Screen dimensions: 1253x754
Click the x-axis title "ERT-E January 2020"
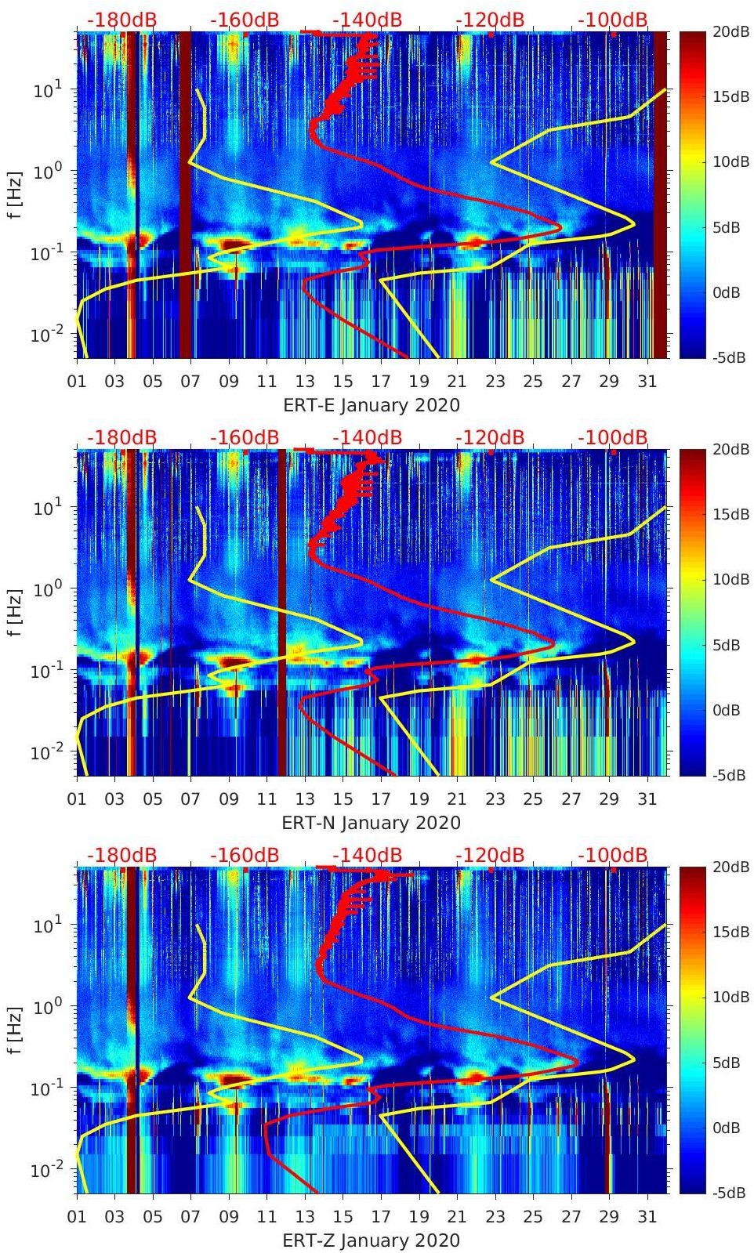coord(371,405)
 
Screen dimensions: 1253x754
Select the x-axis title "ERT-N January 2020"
coord(371,823)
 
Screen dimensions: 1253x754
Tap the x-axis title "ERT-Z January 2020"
coord(371,1240)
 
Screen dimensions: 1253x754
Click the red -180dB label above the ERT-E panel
coord(121,20)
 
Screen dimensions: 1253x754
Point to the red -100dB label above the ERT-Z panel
coord(613,855)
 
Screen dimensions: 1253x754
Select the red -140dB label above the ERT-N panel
coord(367,437)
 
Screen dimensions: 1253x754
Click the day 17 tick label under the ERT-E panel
coord(381,382)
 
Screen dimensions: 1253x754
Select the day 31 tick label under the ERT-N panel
coord(647,799)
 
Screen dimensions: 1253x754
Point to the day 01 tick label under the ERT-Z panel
coord(77,1217)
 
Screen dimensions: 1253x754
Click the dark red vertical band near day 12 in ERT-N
coord(282,611)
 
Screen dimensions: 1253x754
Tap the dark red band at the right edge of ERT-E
coord(660,196)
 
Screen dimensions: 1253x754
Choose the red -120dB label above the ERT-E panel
coord(490,20)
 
